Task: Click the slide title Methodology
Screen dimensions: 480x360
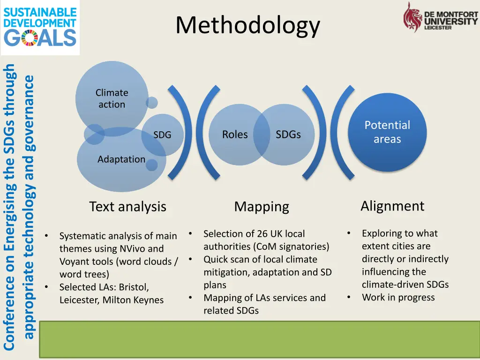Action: coord(247,25)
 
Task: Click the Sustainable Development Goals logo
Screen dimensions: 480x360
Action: coord(40,27)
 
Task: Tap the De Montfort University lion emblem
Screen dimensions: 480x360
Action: coord(413,17)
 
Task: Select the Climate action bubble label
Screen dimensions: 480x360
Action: coord(112,98)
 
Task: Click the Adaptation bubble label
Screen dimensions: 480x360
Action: coord(121,159)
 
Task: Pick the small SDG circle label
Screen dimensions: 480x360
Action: coord(162,135)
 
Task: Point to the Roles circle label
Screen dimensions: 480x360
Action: coord(235,135)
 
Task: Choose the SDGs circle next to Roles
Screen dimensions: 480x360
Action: coord(288,135)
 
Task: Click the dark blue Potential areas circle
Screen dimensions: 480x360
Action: coord(387,132)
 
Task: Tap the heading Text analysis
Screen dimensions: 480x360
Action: coord(127,207)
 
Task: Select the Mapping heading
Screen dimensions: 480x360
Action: coord(262,207)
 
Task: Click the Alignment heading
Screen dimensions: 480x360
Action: coord(392,206)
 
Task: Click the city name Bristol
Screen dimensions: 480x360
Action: coord(135,287)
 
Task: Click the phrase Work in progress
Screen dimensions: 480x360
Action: coord(398,297)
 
